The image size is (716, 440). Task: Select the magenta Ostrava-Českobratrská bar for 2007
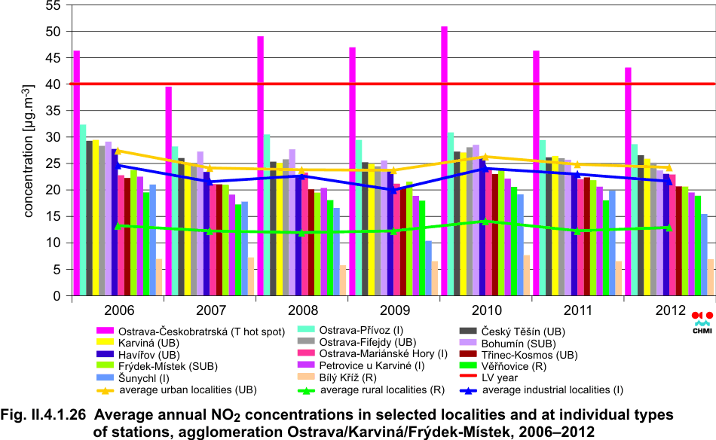click(169, 191)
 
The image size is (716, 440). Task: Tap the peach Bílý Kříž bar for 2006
click(159, 278)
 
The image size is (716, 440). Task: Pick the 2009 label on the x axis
click(393, 310)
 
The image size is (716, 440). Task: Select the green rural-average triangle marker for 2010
click(486, 222)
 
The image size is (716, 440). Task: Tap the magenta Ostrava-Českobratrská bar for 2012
click(628, 182)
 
